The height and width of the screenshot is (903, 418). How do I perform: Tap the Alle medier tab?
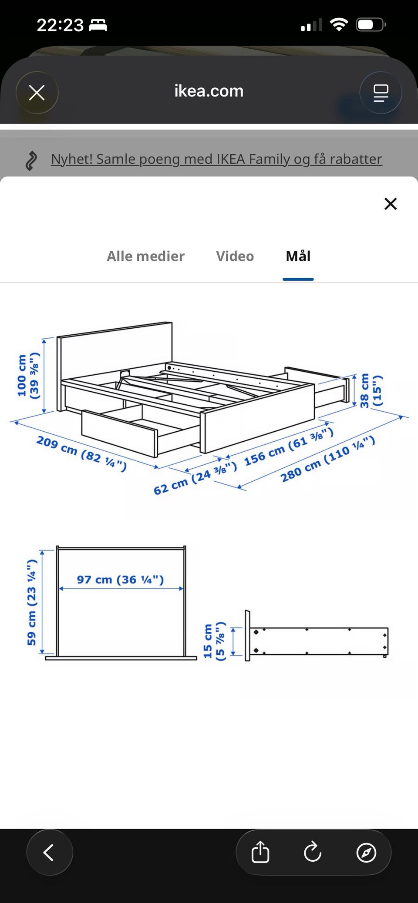coord(145,256)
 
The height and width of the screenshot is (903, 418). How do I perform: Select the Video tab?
coord(235,256)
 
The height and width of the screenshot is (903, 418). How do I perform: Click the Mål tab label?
coord(298,256)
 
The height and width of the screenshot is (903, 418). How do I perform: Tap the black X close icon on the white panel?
coord(391,203)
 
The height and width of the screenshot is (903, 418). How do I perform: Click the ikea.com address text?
coord(209,91)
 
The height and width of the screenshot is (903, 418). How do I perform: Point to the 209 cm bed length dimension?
coord(81,454)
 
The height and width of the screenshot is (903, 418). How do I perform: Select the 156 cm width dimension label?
coord(289,447)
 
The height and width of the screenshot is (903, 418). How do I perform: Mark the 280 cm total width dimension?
coord(327,460)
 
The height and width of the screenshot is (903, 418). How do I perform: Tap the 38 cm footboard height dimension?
coord(371,390)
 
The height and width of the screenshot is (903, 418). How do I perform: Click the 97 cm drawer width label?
coord(120,580)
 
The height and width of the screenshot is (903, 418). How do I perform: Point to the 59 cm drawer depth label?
coord(31,602)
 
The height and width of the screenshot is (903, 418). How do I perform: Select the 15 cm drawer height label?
coord(214,641)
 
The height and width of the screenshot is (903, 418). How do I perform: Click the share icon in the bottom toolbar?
coord(260,853)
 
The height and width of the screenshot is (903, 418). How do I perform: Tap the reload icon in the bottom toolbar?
coord(313,853)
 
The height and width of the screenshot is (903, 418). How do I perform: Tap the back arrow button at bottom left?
coord(49,853)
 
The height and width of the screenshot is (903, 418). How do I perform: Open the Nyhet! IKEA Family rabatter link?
coord(216,159)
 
